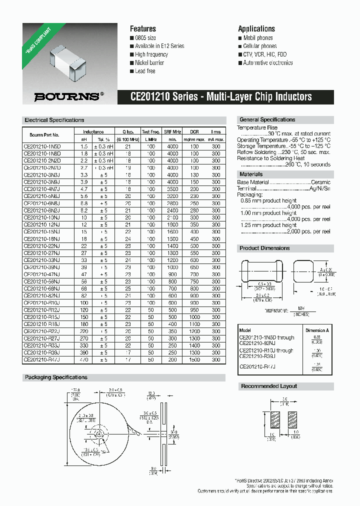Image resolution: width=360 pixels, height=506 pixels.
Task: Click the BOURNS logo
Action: (69, 96)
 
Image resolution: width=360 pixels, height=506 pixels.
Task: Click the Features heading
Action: (143, 29)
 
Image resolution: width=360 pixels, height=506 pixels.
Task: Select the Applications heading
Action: (256, 29)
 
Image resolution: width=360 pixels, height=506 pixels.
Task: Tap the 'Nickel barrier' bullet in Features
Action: (149, 63)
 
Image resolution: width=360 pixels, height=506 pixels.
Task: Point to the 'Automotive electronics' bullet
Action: (267, 63)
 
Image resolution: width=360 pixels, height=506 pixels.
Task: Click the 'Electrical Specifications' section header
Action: (54, 120)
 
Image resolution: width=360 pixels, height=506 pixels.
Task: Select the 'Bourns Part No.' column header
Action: (44, 135)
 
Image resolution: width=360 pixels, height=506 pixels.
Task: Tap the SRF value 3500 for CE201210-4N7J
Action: (172, 189)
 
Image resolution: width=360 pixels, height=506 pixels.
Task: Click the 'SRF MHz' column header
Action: (172, 132)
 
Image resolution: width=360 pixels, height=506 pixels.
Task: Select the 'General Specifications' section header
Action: (267, 120)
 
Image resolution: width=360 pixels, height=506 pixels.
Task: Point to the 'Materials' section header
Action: (251, 174)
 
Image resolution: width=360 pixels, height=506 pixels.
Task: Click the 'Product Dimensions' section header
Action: (264, 248)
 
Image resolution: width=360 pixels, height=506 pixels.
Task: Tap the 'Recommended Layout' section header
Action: (269, 386)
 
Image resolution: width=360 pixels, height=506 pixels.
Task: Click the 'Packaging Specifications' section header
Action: (56, 377)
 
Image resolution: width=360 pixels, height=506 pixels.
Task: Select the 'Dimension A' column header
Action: (317, 330)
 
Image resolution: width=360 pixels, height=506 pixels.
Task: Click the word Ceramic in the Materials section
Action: (320, 183)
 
